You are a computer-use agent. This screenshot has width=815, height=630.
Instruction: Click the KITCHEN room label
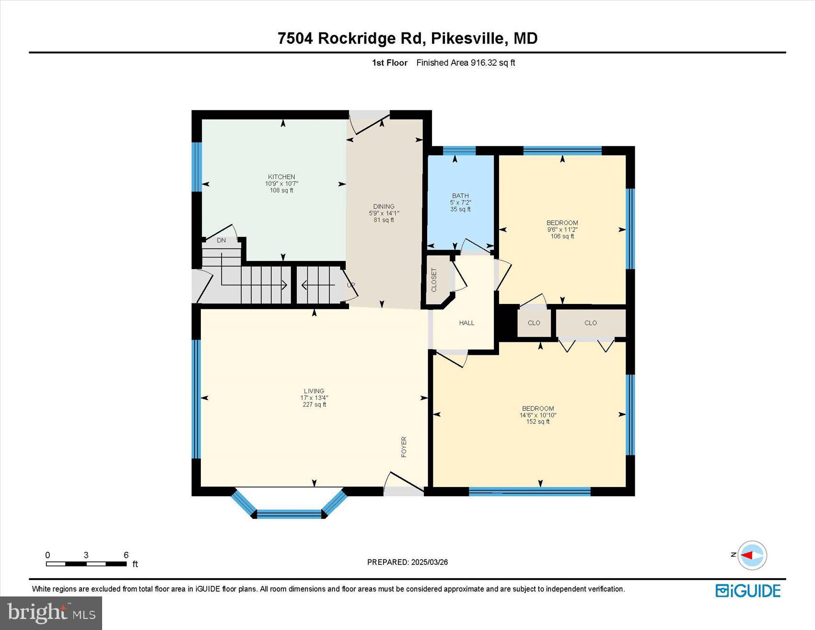coord(281,177)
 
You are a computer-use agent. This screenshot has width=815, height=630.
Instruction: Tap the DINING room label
coord(384,207)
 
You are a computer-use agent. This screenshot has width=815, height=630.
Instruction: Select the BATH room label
coord(460,196)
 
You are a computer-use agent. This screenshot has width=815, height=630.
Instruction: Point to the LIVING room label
coord(314,391)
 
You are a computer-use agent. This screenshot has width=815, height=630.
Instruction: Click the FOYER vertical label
coord(404,446)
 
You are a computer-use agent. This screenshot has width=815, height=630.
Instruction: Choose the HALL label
coord(466,323)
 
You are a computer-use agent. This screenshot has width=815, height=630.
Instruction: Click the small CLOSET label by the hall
coord(434,280)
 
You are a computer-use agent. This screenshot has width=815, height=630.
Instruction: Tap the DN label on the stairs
coord(221,240)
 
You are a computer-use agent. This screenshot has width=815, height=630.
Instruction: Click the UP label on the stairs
coord(351,285)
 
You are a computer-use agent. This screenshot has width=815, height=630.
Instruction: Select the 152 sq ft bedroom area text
coord(538,422)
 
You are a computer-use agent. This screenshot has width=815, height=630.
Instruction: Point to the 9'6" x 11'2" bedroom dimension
coord(562,230)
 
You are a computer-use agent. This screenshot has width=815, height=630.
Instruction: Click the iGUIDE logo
coord(748,591)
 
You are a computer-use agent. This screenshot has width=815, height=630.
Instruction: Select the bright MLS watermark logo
coord(51,613)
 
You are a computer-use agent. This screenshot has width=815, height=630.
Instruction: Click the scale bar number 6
coord(126,555)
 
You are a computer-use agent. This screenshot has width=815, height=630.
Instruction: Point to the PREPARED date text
coord(407,562)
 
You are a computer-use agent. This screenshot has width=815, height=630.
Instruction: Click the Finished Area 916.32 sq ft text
coord(466,63)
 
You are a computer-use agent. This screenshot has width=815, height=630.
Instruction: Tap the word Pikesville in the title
coord(468,38)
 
